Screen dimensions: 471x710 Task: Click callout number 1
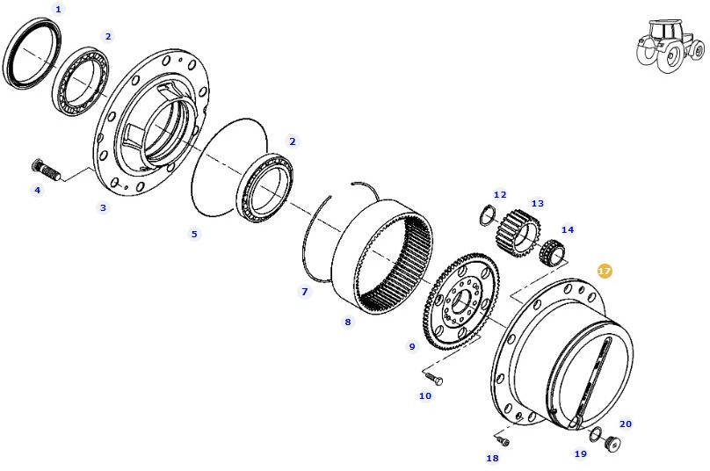(59, 9)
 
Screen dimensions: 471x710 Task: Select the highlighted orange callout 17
(605, 271)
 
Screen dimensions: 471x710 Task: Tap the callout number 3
(103, 207)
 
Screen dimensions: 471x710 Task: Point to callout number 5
(195, 234)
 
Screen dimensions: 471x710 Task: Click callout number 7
(305, 291)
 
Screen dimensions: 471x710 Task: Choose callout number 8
(347, 322)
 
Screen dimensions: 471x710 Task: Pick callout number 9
(411, 346)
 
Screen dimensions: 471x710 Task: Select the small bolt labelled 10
(433, 379)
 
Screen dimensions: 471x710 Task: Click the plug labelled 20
(612, 445)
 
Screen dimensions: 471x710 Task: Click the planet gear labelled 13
(518, 234)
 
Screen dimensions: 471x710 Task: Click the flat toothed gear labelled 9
(460, 303)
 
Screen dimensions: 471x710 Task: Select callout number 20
(626, 424)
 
